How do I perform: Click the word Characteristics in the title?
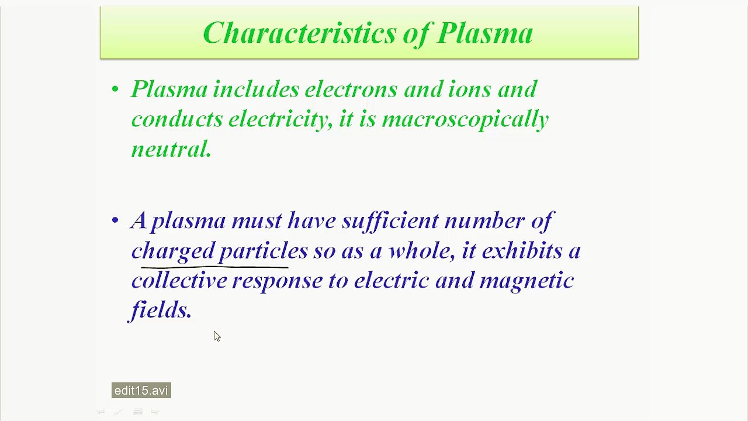tap(298, 33)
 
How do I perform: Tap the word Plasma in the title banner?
tap(484, 33)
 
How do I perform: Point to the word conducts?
tap(176, 119)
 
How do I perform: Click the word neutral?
tap(170, 150)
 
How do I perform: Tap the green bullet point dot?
tap(115, 89)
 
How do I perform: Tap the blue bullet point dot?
tap(115, 220)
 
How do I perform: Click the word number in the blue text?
tap(483, 221)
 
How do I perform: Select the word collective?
tap(179, 281)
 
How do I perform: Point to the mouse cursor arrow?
tap(216, 336)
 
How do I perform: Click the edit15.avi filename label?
tap(141, 391)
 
